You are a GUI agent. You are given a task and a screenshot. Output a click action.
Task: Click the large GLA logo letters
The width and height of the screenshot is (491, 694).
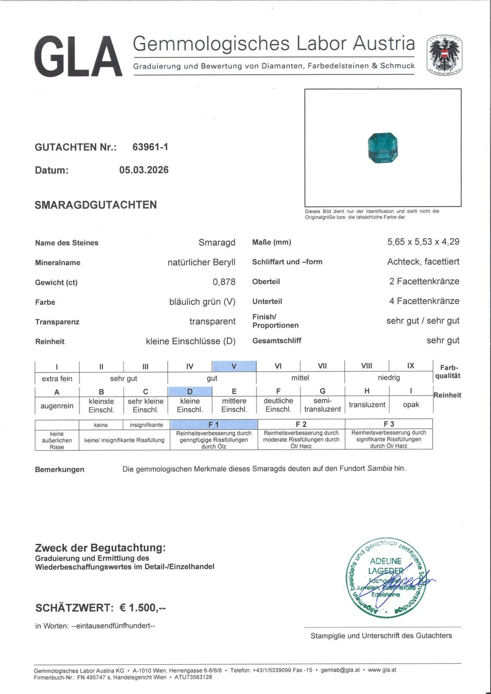pos(78,56)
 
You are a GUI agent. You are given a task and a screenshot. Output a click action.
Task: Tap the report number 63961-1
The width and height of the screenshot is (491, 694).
pos(150,147)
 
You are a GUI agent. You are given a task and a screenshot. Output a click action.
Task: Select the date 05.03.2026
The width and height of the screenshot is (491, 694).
pos(144,170)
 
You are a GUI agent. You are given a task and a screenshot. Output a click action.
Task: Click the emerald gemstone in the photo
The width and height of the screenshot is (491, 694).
pos(383,148)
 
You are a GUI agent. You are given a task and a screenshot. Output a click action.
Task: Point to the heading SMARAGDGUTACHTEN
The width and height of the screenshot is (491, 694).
pos(96,205)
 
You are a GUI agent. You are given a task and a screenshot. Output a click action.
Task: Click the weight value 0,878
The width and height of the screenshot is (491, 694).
pos(224,282)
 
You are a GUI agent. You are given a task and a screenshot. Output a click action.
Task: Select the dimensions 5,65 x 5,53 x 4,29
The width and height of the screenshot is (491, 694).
pos(423,242)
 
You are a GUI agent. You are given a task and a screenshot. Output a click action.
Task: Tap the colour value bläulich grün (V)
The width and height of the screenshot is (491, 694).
pos(202,302)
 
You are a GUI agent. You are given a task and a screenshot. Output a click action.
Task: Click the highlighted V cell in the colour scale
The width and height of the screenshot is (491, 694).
pos(234,366)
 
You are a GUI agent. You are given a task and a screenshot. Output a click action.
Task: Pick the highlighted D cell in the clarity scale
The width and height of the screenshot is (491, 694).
pos(190,391)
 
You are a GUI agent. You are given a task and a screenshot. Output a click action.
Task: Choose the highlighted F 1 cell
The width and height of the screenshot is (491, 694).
pos(214,425)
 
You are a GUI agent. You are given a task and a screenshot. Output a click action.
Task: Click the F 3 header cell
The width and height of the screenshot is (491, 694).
pos(389,424)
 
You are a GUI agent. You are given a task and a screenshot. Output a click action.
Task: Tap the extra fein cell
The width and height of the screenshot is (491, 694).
pos(57,378)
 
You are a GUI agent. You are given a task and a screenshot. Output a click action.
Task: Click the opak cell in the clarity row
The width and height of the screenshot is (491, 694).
pos(411,404)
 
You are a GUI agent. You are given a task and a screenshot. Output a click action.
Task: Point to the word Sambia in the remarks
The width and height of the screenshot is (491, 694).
pos(380,468)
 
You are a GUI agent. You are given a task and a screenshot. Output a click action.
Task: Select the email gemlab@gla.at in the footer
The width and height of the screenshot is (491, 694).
pos(340,670)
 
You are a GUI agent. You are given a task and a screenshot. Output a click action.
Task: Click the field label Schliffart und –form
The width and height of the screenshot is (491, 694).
pos(287,262)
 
